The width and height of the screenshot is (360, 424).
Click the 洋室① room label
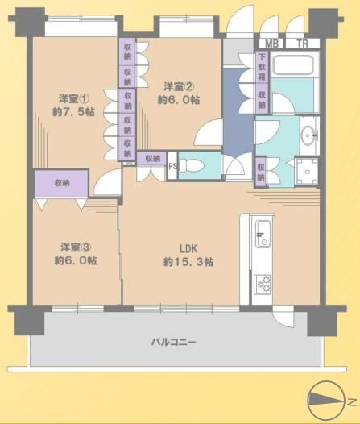pyautogui.click(x=73, y=99)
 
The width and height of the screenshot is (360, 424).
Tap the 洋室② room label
pyautogui.click(x=179, y=87)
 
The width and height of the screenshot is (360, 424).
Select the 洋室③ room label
pyautogui.click(x=76, y=247)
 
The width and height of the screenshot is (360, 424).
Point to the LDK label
pyautogui.click(x=188, y=248)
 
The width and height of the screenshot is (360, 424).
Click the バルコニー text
pyautogui.click(x=173, y=343)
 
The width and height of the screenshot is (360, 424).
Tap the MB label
pyautogui.click(x=271, y=44)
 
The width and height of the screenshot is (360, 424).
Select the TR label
pyautogui.click(x=303, y=44)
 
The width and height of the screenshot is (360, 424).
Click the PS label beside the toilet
pyautogui.click(x=173, y=166)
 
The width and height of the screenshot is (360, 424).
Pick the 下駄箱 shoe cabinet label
pyautogui.click(x=262, y=67)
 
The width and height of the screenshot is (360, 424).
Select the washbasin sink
pyautogui.click(x=309, y=135)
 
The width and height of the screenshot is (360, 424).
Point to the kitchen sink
pyautogui.click(x=263, y=234)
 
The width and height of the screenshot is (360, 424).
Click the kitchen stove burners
pyautogui.click(x=263, y=285)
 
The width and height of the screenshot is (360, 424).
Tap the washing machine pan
pyautogui.click(x=307, y=172)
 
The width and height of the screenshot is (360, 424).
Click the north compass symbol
pyautogui.click(x=327, y=401)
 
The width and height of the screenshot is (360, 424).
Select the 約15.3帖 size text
pyautogui.click(x=188, y=262)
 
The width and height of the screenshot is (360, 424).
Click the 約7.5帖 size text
pyautogui.click(x=73, y=112)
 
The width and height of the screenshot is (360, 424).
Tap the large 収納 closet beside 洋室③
pyautogui.click(x=61, y=184)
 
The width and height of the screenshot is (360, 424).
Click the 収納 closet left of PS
pyautogui.click(x=152, y=159)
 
